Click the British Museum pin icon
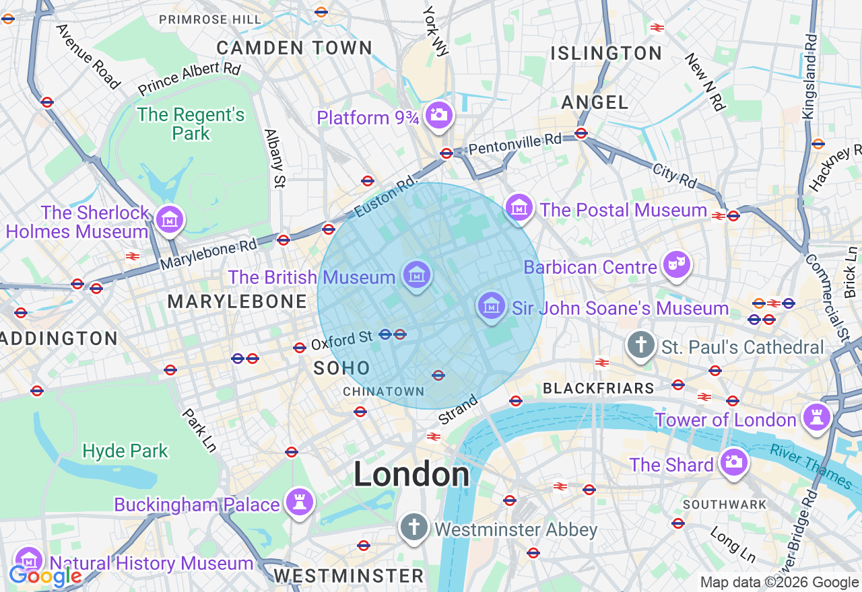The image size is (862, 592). tap(417, 274)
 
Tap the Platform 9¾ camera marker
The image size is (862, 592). tap(439, 115)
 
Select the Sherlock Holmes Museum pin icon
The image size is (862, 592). tap(170, 219)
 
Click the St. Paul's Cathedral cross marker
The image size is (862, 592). tap(640, 345)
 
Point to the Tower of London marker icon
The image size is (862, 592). tap(817, 418)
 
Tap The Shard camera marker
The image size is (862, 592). tap(733, 462)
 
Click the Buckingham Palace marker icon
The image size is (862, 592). tap(299, 502)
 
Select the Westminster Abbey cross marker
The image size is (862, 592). tap(414, 527)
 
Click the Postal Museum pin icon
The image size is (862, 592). tap(520, 208)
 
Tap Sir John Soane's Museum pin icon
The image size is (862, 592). tap(492, 306)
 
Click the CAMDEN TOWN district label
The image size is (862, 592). tap(294, 48)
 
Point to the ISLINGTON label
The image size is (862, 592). tap(606, 53)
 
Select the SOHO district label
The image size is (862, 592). tap(342, 368)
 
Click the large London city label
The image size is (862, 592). tap(411, 475)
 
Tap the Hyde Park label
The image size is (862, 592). tap(125, 451)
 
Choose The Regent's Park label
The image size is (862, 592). tap(191, 124)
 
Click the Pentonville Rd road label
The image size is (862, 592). tap(515, 143)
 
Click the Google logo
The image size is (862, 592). tap(45, 576)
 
